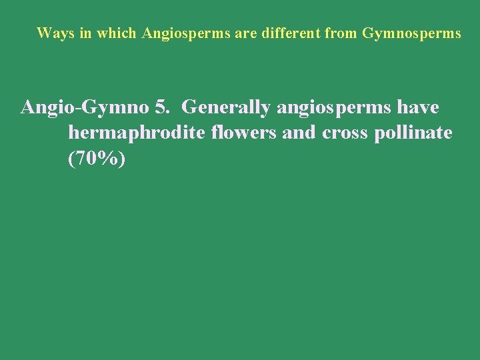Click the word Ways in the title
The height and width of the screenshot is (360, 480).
51,33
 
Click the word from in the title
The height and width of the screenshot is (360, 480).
341,33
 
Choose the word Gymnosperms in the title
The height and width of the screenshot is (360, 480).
411,33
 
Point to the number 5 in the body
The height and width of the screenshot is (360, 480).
161,107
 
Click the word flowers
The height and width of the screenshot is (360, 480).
245,133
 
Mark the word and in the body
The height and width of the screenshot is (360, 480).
300,133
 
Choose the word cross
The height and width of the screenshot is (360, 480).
345,133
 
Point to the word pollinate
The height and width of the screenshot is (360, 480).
413,133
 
